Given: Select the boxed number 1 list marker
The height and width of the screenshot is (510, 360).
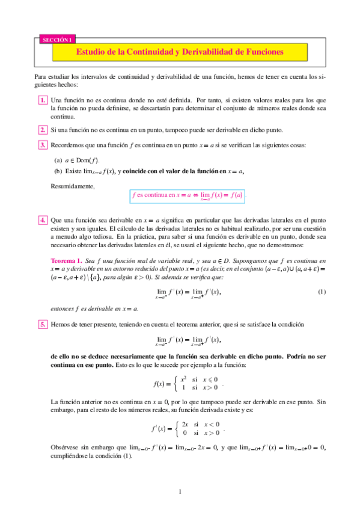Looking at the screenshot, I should point(43,100).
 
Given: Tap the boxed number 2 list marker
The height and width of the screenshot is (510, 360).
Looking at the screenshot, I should point(43,130).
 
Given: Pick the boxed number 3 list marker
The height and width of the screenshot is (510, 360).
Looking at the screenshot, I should point(43,145).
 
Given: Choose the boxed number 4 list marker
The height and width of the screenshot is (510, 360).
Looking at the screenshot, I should point(43,220).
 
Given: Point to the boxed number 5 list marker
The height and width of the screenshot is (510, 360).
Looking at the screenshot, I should point(43,324).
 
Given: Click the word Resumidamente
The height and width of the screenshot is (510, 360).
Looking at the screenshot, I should point(73,186).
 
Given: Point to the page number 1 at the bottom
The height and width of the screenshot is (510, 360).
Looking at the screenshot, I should point(180,493).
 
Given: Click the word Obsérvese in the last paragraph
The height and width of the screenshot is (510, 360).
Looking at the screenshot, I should point(66,447).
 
